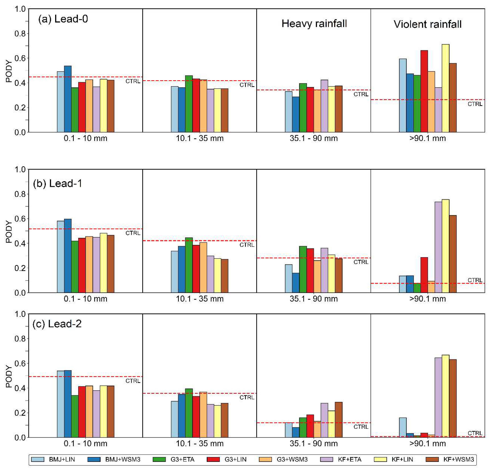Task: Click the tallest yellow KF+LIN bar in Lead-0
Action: (445, 88)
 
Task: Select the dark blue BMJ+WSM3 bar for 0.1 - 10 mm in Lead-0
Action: (68, 99)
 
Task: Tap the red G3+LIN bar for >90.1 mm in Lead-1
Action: (424, 275)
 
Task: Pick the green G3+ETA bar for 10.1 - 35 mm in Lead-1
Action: (189, 265)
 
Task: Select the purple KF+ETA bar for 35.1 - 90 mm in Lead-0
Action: (324, 106)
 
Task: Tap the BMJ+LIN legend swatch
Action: (38, 459)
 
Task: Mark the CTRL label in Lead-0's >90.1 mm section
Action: (475, 104)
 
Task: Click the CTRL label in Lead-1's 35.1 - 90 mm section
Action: (361, 262)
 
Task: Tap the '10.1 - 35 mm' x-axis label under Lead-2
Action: (200, 443)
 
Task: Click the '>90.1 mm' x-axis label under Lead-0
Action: (427, 138)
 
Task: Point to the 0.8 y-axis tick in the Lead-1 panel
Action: (20, 194)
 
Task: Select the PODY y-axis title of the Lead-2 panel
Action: (9, 376)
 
